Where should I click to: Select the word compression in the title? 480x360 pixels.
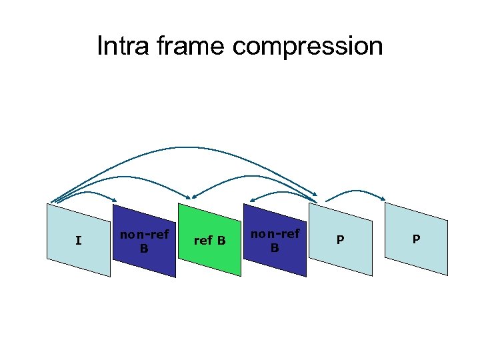307,47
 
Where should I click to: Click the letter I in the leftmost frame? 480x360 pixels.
79,240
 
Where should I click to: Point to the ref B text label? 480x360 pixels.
209,240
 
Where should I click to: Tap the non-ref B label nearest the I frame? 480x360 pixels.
144,241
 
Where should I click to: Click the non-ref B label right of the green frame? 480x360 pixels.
275,241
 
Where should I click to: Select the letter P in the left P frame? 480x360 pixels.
340,240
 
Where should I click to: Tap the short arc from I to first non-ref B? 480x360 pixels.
87,193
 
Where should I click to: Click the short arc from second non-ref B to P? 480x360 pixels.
283,191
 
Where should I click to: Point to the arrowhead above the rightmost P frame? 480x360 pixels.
383,198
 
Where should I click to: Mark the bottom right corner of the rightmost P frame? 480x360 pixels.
447,274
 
